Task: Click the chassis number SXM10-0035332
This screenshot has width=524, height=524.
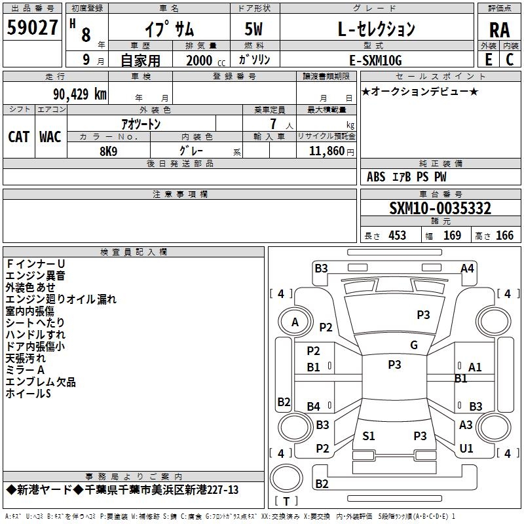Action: pyautogui.click(x=440, y=208)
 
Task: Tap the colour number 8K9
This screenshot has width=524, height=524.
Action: pyautogui.click(x=108, y=150)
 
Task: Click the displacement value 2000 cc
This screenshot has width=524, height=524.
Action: pyautogui.click(x=202, y=60)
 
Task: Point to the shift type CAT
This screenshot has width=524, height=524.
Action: pyautogui.click(x=18, y=136)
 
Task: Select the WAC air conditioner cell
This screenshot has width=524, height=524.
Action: pyautogui.click(x=50, y=136)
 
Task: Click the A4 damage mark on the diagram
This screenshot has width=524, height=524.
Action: pyautogui.click(x=467, y=268)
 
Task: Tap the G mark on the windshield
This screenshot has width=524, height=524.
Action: pyautogui.click(x=414, y=345)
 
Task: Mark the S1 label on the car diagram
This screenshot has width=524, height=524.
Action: pyautogui.click(x=369, y=436)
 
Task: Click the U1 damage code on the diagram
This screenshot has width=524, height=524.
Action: pyautogui.click(x=466, y=448)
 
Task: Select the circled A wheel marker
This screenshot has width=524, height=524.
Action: pyautogui.click(x=295, y=322)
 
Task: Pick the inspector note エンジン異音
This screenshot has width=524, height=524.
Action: pyautogui.click(x=35, y=275)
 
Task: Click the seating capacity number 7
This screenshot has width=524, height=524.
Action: pyautogui.click(x=272, y=124)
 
